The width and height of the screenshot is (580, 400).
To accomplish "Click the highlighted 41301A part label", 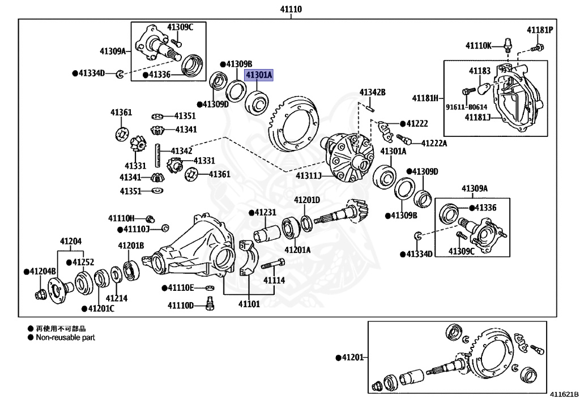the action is [x=259, y=75].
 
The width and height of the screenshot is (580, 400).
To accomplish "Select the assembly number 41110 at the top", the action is [x=291, y=9].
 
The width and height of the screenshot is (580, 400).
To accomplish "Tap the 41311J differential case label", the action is [x=309, y=176].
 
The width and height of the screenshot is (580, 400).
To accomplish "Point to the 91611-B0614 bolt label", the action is [x=467, y=107].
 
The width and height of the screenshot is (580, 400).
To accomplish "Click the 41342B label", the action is [x=373, y=92].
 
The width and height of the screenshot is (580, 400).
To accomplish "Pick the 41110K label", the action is [x=478, y=46].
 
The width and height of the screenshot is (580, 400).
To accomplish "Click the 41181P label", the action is [x=540, y=30].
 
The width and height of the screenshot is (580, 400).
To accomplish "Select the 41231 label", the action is [x=265, y=212].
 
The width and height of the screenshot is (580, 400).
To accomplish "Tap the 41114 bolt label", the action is [x=274, y=280].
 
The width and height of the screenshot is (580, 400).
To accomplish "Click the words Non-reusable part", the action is [x=66, y=337].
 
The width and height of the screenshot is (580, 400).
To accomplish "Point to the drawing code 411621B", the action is [x=564, y=394].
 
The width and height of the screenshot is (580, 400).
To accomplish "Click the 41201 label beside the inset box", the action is [x=353, y=358].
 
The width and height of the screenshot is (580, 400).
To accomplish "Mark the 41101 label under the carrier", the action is [x=249, y=304].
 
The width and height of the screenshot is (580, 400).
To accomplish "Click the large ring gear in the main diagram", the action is [x=293, y=123].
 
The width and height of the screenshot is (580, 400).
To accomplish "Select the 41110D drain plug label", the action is [x=181, y=306].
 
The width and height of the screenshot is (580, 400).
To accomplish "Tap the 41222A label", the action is [x=434, y=143].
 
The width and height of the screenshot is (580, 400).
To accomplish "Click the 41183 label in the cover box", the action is [x=480, y=71].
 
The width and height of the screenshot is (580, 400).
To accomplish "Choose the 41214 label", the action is [x=117, y=298].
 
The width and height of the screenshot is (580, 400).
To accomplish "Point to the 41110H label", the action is [x=121, y=218].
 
